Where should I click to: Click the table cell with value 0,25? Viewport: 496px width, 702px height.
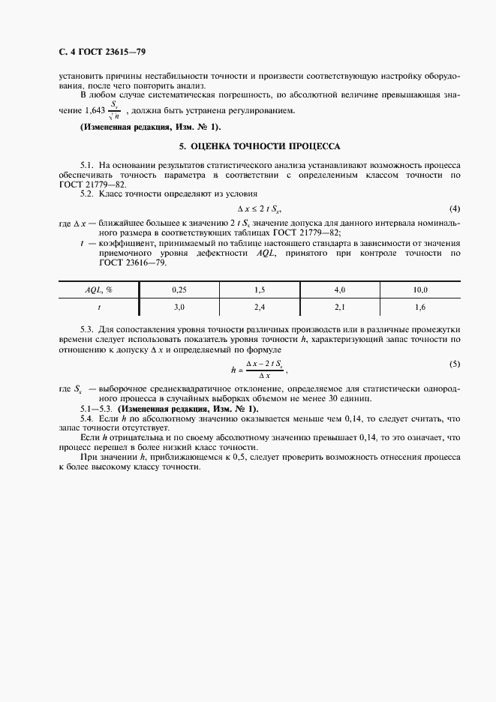coord(178,289)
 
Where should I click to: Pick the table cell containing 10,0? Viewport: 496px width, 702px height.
coord(420,289)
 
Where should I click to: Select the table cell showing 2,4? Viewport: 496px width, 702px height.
coord(259,307)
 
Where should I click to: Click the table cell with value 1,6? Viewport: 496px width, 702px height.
coord(420,307)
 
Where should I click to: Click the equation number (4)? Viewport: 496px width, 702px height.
coord(454,208)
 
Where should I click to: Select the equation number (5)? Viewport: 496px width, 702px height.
coord(454,364)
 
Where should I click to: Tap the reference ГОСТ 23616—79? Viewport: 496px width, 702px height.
coord(121,262)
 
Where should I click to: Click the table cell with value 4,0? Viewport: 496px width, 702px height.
coord(339,289)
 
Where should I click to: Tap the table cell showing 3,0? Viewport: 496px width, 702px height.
coord(178,307)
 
